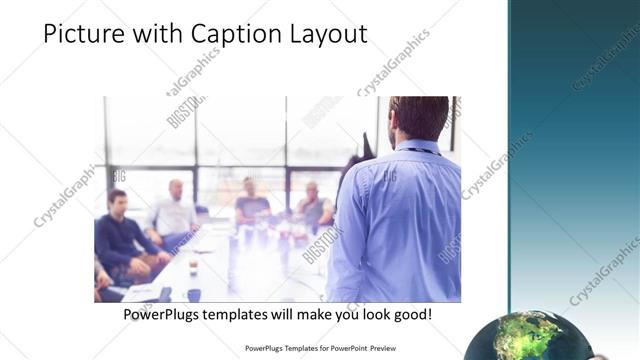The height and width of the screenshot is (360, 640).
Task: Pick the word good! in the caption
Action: pos(410,315)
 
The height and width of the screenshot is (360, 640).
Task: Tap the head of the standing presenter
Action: pos(419,118)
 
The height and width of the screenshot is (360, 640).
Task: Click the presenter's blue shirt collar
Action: pos(417,147)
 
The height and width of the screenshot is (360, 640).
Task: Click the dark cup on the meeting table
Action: pos(193,294)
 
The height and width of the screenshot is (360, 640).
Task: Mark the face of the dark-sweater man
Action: pos(118,201)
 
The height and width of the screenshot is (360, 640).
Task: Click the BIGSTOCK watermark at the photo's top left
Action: pos(184,110)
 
